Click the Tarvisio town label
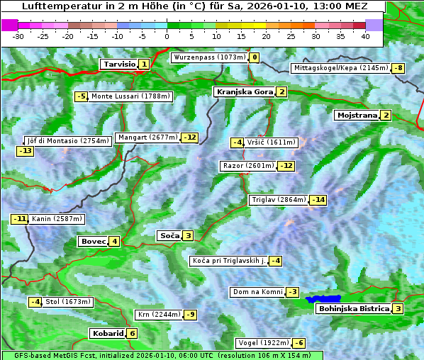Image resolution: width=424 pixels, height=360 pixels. pyautogui.click(x=118, y=64)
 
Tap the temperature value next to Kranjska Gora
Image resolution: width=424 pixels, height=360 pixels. pyautogui.click(x=281, y=91)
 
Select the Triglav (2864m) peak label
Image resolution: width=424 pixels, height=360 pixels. pyautogui.click(x=279, y=200)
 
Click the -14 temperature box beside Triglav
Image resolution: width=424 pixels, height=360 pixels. pyautogui.click(x=318, y=200)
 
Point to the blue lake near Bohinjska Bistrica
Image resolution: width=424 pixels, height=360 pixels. pyautogui.click(x=323, y=300)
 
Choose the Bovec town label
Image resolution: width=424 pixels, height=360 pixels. pyautogui.click(x=93, y=241)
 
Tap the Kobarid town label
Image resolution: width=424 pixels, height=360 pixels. pyautogui.click(x=107, y=333)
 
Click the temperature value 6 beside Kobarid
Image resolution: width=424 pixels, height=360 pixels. pyautogui.click(x=132, y=333)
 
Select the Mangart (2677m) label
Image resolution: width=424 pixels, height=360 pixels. pyautogui.click(x=147, y=137)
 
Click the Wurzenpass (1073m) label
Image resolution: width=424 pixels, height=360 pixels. pyautogui.click(x=209, y=57)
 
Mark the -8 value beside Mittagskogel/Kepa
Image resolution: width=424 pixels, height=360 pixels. pyautogui.click(x=399, y=68)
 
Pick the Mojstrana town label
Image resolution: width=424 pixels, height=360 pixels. pyautogui.click(x=357, y=115)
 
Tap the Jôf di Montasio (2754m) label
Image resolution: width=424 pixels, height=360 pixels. pyautogui.click(x=68, y=141)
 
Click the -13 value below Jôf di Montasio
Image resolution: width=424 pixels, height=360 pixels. pyautogui.click(x=25, y=151)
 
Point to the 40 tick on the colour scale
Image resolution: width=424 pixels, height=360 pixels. pyautogui.click(x=365, y=36)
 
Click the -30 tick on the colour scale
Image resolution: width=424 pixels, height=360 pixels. pyautogui.click(x=18, y=36)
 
